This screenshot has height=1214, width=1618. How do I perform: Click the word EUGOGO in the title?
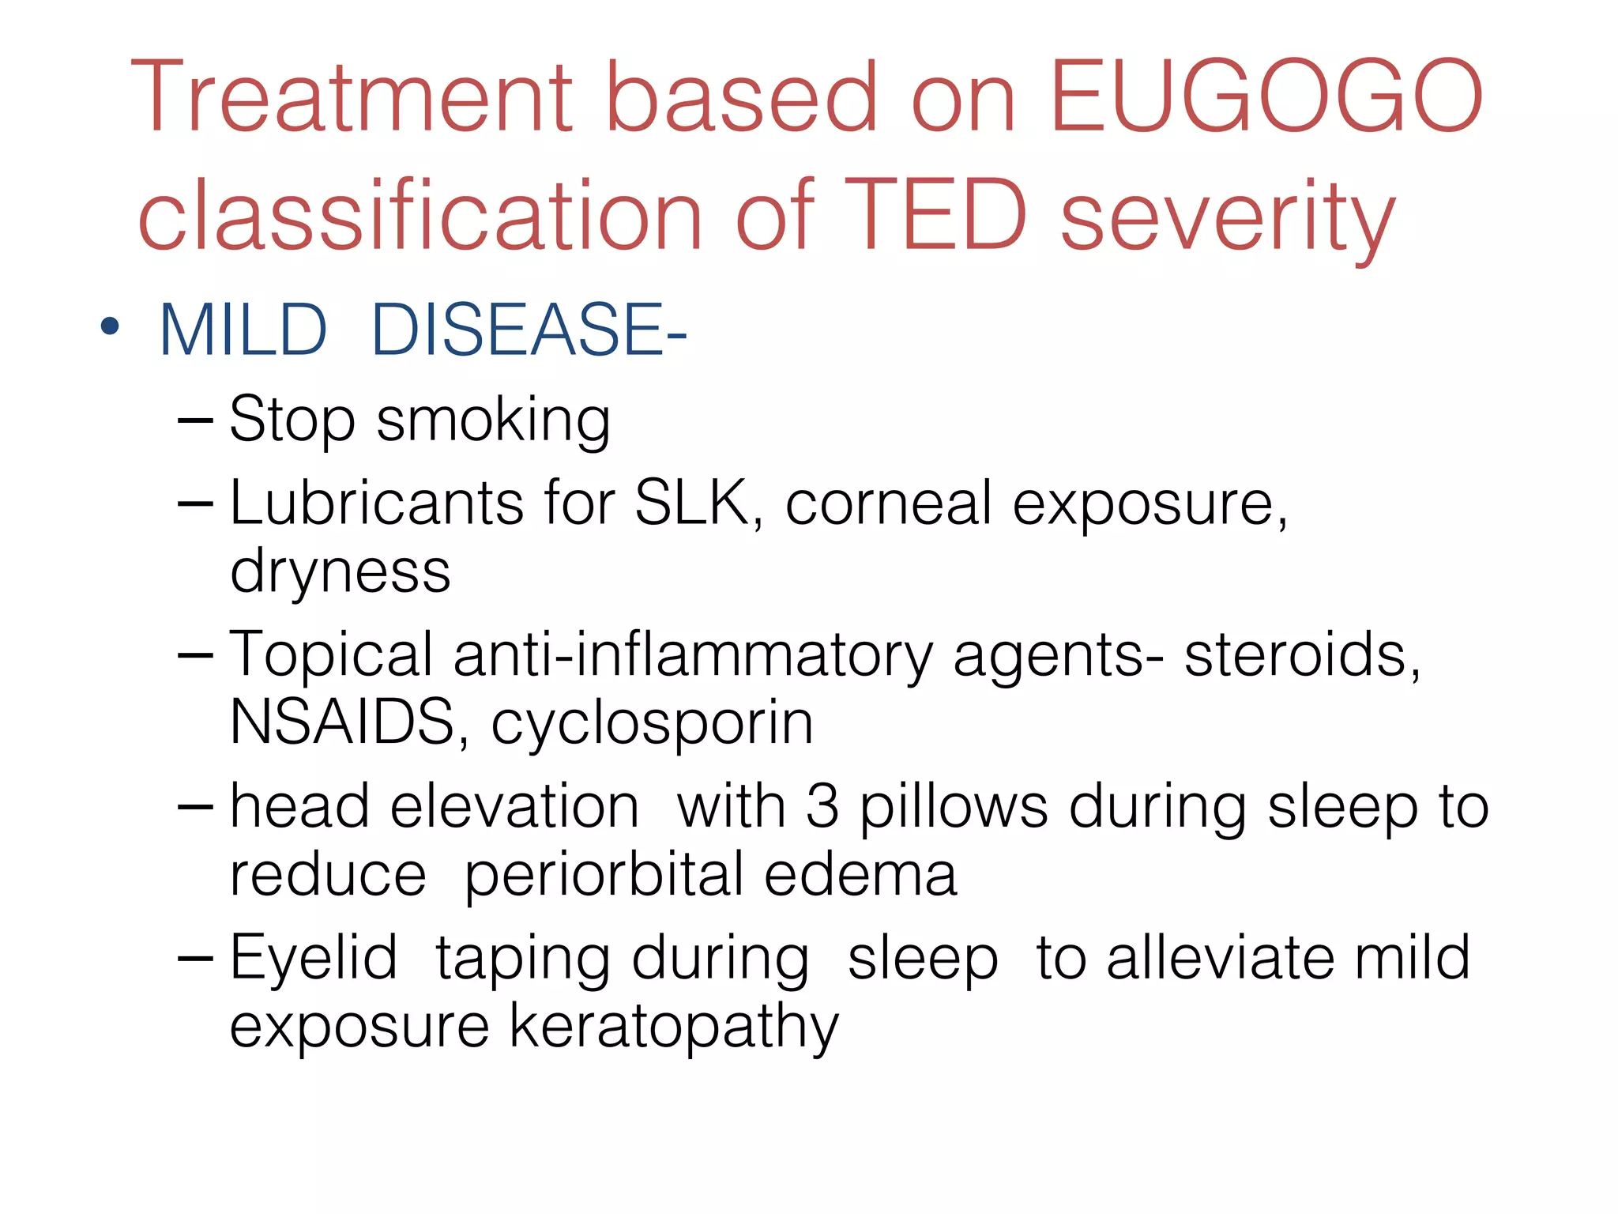[x=1267, y=96]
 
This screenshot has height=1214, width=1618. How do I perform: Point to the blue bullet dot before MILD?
[x=110, y=326]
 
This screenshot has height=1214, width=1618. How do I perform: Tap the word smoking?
[x=493, y=421]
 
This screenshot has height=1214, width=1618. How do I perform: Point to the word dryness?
[x=340, y=571]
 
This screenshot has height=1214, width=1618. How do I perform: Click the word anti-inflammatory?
[x=693, y=655]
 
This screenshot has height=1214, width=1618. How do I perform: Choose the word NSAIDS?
[x=341, y=722]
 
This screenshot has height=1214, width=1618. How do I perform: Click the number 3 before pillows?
[x=822, y=807]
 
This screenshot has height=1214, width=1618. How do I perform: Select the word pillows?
[x=954, y=807]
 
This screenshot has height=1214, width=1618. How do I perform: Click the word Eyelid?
[x=313, y=959]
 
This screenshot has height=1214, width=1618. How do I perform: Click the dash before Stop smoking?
[x=195, y=421]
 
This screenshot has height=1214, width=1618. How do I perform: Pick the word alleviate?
[x=1220, y=958]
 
